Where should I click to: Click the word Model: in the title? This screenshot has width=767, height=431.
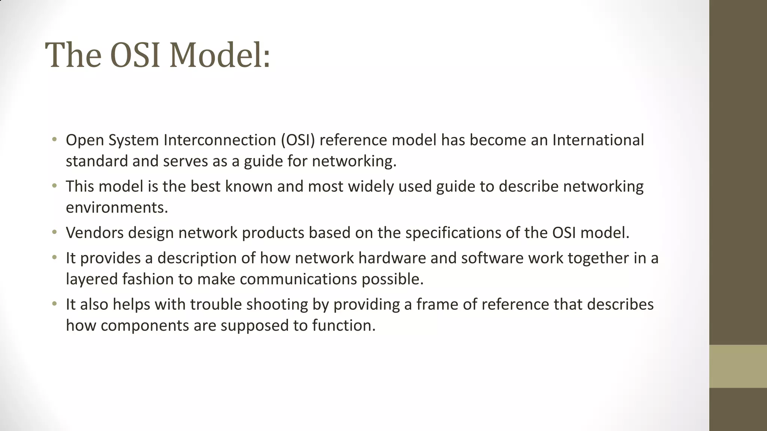click(x=219, y=55)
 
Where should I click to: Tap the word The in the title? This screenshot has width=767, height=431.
click(x=73, y=55)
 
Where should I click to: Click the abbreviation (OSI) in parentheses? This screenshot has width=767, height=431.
click(x=298, y=140)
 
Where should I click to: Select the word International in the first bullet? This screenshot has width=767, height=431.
click(x=598, y=140)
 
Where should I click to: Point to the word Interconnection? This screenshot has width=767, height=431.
click(x=220, y=140)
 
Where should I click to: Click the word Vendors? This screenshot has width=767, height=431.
click(x=95, y=233)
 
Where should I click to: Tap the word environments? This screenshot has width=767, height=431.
click(x=117, y=207)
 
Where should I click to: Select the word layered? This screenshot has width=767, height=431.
click(x=92, y=279)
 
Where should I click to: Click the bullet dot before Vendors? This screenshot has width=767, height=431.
click(x=55, y=233)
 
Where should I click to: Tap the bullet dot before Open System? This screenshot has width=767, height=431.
click(x=55, y=140)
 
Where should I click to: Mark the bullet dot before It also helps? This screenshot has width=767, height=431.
click(x=55, y=304)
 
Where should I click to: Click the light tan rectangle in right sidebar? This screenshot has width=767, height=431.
click(x=738, y=366)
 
